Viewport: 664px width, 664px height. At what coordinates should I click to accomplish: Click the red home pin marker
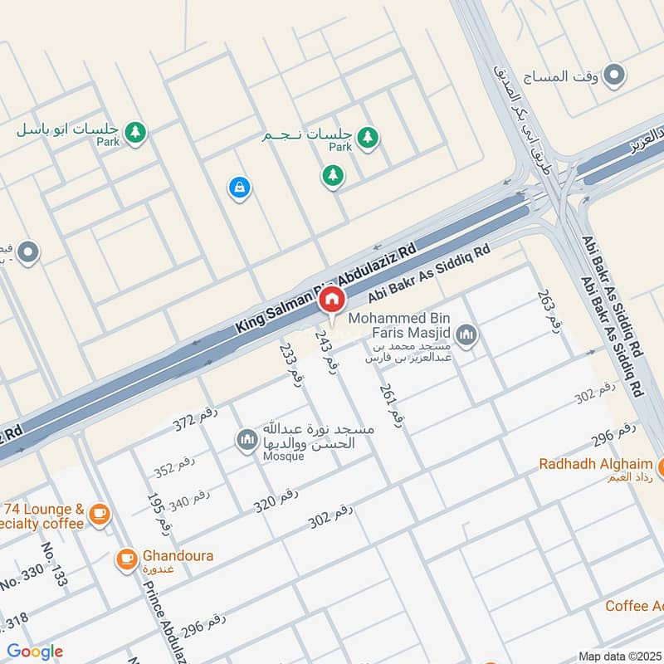tap(332, 300)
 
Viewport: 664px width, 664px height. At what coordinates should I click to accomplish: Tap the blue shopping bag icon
tap(239, 188)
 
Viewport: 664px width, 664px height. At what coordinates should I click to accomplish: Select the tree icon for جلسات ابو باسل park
tap(135, 131)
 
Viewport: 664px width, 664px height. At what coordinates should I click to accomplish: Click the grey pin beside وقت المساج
tap(613, 76)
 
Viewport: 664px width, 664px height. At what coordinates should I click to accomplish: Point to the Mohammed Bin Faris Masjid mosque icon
tap(466, 336)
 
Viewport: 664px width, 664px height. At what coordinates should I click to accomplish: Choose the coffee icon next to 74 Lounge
tap(99, 515)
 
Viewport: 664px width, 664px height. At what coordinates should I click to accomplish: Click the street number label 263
tap(545, 311)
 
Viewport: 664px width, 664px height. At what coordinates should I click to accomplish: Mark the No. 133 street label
tap(55, 565)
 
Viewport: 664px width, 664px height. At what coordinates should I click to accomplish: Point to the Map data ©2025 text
tap(618, 657)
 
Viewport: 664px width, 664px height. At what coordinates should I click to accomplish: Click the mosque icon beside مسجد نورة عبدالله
tap(246, 440)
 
